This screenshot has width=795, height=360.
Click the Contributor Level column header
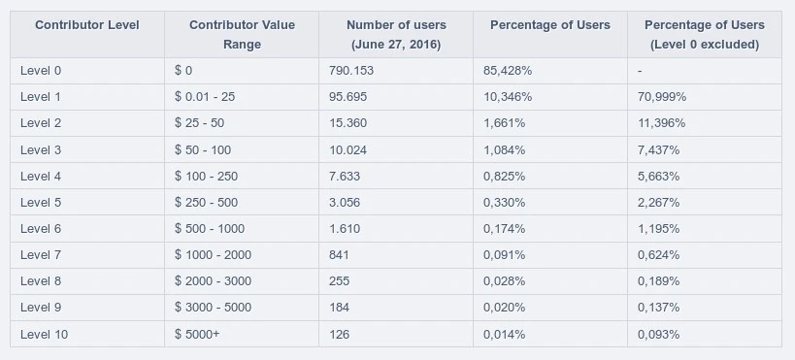(x=87, y=25)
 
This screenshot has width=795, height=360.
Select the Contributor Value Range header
(x=242, y=35)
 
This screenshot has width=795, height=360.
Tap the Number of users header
(x=396, y=35)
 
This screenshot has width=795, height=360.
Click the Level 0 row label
(x=41, y=71)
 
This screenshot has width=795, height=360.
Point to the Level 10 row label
(x=44, y=335)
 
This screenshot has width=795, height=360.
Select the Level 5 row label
(x=41, y=203)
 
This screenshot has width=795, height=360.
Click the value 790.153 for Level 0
(x=351, y=71)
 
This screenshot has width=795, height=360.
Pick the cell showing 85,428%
(x=508, y=71)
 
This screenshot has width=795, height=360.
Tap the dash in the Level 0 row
(x=640, y=71)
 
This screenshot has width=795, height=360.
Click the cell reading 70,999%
(x=662, y=97)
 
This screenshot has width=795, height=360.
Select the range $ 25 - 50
(x=199, y=123)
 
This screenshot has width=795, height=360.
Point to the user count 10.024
(x=348, y=150)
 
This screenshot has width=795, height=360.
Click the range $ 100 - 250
(x=207, y=177)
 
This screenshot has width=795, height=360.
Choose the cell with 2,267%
(x=658, y=203)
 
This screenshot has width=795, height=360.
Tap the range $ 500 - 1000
(x=210, y=229)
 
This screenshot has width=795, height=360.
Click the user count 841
(x=339, y=255)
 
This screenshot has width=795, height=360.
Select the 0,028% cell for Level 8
(x=504, y=281)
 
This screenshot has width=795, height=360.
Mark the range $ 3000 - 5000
(x=213, y=308)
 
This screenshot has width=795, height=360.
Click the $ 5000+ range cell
(x=197, y=335)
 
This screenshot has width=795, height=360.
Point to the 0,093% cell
(x=658, y=335)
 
